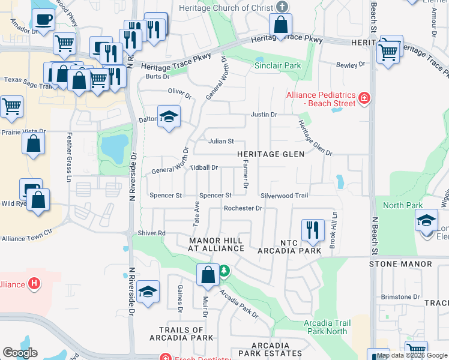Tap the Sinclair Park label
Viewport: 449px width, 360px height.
tap(277, 65)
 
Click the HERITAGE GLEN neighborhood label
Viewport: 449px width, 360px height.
tap(270, 154)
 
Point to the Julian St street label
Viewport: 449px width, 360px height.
tap(221, 142)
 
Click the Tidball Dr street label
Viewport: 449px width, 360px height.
tap(203, 168)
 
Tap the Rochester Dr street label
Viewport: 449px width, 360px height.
tap(243, 208)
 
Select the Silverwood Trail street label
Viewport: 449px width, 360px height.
tap(285, 196)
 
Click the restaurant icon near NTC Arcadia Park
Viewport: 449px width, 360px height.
tap(312, 230)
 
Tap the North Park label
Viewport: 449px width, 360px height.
tap(403, 205)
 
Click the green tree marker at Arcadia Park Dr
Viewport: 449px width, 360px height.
tap(224, 271)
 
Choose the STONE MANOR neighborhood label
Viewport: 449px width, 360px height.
tap(400, 264)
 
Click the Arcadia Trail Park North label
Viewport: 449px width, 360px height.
tap(325, 327)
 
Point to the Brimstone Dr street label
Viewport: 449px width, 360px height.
tap(400, 297)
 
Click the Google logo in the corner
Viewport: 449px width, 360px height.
tap(20, 353)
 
